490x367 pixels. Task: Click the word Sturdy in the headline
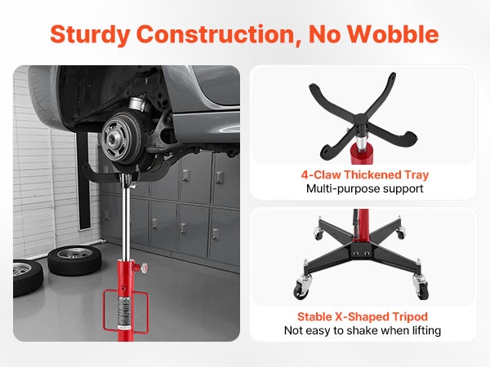(91, 34)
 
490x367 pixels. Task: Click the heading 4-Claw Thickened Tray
(365, 175)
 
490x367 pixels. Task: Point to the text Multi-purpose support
(365, 188)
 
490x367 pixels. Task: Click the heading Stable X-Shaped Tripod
(363, 316)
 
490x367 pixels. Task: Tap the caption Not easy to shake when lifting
(363, 330)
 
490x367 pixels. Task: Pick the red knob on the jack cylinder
(145, 268)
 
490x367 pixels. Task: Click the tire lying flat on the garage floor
(74, 260)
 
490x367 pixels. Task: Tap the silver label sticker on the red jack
(124, 313)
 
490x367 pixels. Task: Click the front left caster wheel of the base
(301, 290)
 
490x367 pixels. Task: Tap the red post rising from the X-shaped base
(363, 228)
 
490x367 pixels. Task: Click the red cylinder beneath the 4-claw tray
(362, 154)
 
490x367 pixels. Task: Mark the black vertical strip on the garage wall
(83, 181)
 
